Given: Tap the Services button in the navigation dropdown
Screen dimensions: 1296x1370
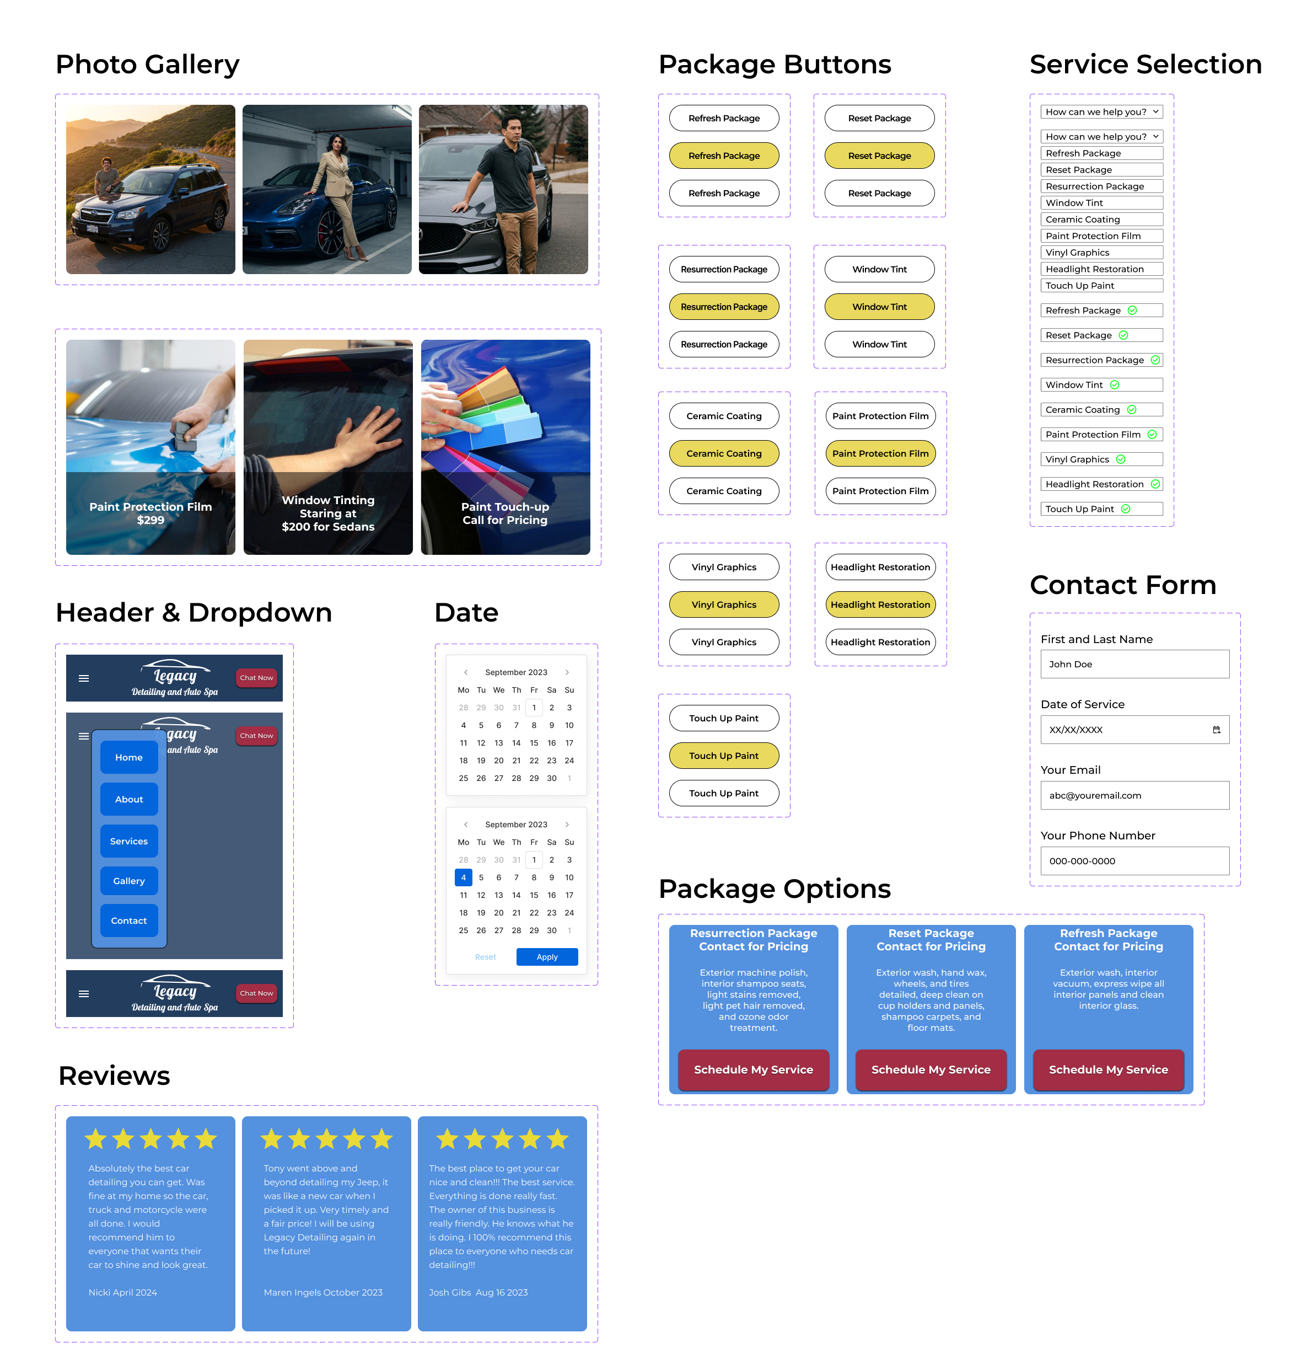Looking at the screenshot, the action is pyautogui.click(x=128, y=841).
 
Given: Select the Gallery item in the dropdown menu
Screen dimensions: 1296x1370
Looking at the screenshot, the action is pyautogui.click(x=128, y=881).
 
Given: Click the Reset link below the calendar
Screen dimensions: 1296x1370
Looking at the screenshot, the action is pyautogui.click(x=485, y=957).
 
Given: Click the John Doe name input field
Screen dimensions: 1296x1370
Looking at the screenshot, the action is pyautogui.click(x=1134, y=663).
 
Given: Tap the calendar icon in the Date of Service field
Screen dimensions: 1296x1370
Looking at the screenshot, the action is pyautogui.click(x=1216, y=729).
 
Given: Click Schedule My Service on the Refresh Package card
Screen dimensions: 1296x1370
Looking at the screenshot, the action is pyautogui.click(x=1108, y=1069).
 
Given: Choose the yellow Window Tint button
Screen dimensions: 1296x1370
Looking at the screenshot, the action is pyautogui.click(x=879, y=306).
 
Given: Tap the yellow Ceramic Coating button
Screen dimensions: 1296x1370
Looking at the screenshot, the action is pyautogui.click(x=723, y=453).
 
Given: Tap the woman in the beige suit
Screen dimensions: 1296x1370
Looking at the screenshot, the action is pyautogui.click(x=338, y=186).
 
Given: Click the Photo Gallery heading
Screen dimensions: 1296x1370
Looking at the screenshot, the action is pyautogui.click(x=147, y=65).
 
